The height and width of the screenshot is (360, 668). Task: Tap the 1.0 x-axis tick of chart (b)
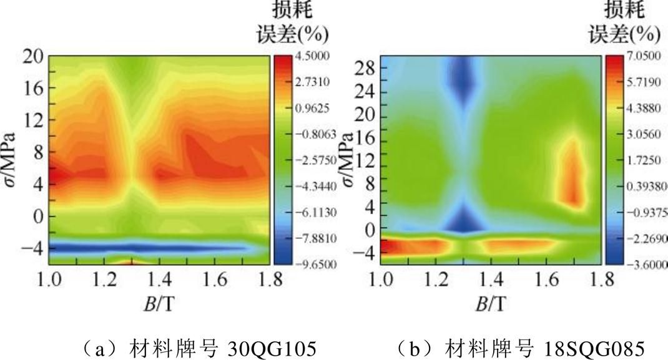tap(381, 279)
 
